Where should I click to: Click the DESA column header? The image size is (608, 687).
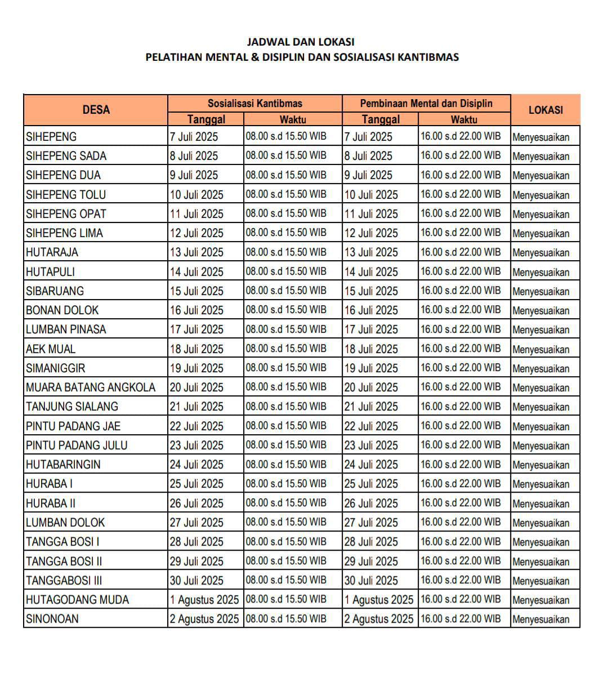(x=96, y=110)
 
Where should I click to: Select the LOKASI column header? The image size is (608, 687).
(x=546, y=110)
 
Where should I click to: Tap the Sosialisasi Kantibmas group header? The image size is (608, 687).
(x=254, y=104)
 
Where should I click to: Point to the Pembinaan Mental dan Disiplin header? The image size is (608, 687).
(x=426, y=104)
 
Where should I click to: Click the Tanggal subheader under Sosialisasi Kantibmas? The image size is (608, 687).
(x=206, y=119)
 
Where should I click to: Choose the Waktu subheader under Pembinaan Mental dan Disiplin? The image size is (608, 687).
(x=464, y=119)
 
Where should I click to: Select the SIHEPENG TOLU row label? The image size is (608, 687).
(x=66, y=195)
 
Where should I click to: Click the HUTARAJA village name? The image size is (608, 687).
(x=52, y=252)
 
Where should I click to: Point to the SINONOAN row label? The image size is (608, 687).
(x=52, y=619)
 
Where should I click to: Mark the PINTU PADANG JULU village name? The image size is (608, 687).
(x=77, y=445)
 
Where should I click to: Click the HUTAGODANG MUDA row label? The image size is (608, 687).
(x=77, y=600)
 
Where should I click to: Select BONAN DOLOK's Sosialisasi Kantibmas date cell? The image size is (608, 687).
(x=197, y=310)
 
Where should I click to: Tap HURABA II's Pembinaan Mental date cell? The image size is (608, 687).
(x=372, y=503)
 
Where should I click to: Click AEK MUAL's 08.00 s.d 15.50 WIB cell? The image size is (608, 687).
(x=286, y=349)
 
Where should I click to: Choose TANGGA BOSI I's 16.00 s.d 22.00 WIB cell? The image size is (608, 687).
(x=461, y=542)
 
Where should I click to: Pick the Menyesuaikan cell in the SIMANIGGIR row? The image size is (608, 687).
(x=541, y=368)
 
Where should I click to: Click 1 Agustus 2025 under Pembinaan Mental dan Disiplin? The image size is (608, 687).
(x=379, y=600)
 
